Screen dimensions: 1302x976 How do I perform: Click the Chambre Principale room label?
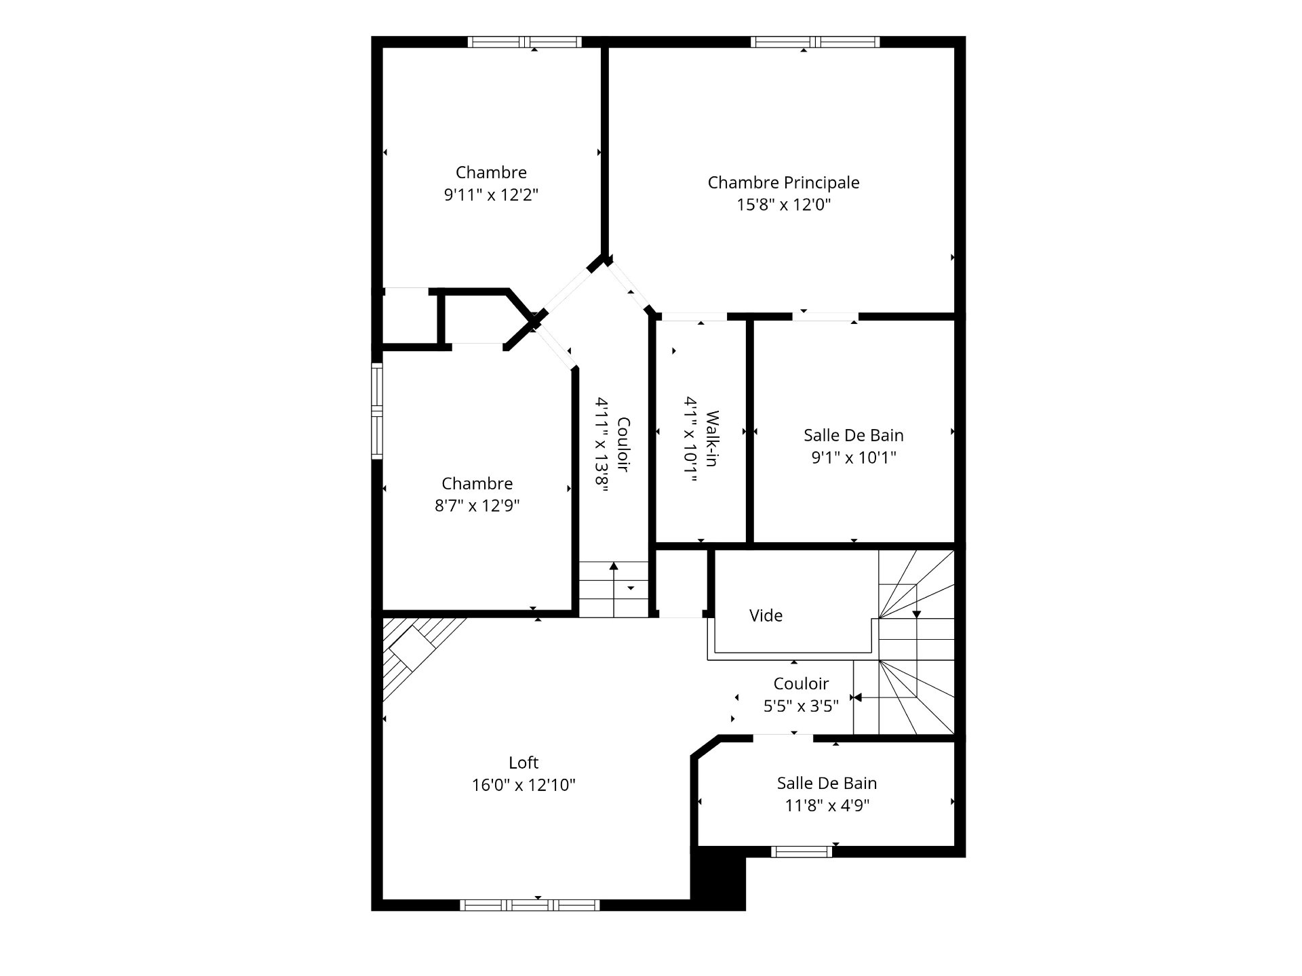click(783, 182)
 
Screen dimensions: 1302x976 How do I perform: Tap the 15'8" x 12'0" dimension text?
click(783, 205)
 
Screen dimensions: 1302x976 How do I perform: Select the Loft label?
click(524, 762)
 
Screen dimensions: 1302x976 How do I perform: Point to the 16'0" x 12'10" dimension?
click(524, 785)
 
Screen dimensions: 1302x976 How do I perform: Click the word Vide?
click(766, 615)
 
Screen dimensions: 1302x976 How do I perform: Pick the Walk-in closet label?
click(712, 439)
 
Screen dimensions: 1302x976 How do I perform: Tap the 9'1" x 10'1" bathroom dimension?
click(854, 457)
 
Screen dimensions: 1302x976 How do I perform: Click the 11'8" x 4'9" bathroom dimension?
click(827, 805)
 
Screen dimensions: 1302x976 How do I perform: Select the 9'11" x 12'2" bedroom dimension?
click(491, 195)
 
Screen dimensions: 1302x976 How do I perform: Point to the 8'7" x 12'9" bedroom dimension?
click(477, 506)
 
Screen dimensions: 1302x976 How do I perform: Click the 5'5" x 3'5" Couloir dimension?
click(801, 706)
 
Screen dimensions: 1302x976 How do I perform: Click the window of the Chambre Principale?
click(814, 42)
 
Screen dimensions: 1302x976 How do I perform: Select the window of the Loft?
click(530, 905)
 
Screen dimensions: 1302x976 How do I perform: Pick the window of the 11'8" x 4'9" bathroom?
click(802, 852)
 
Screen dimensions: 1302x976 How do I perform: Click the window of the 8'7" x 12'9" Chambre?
click(377, 411)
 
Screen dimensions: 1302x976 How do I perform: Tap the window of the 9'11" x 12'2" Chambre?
click(525, 42)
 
